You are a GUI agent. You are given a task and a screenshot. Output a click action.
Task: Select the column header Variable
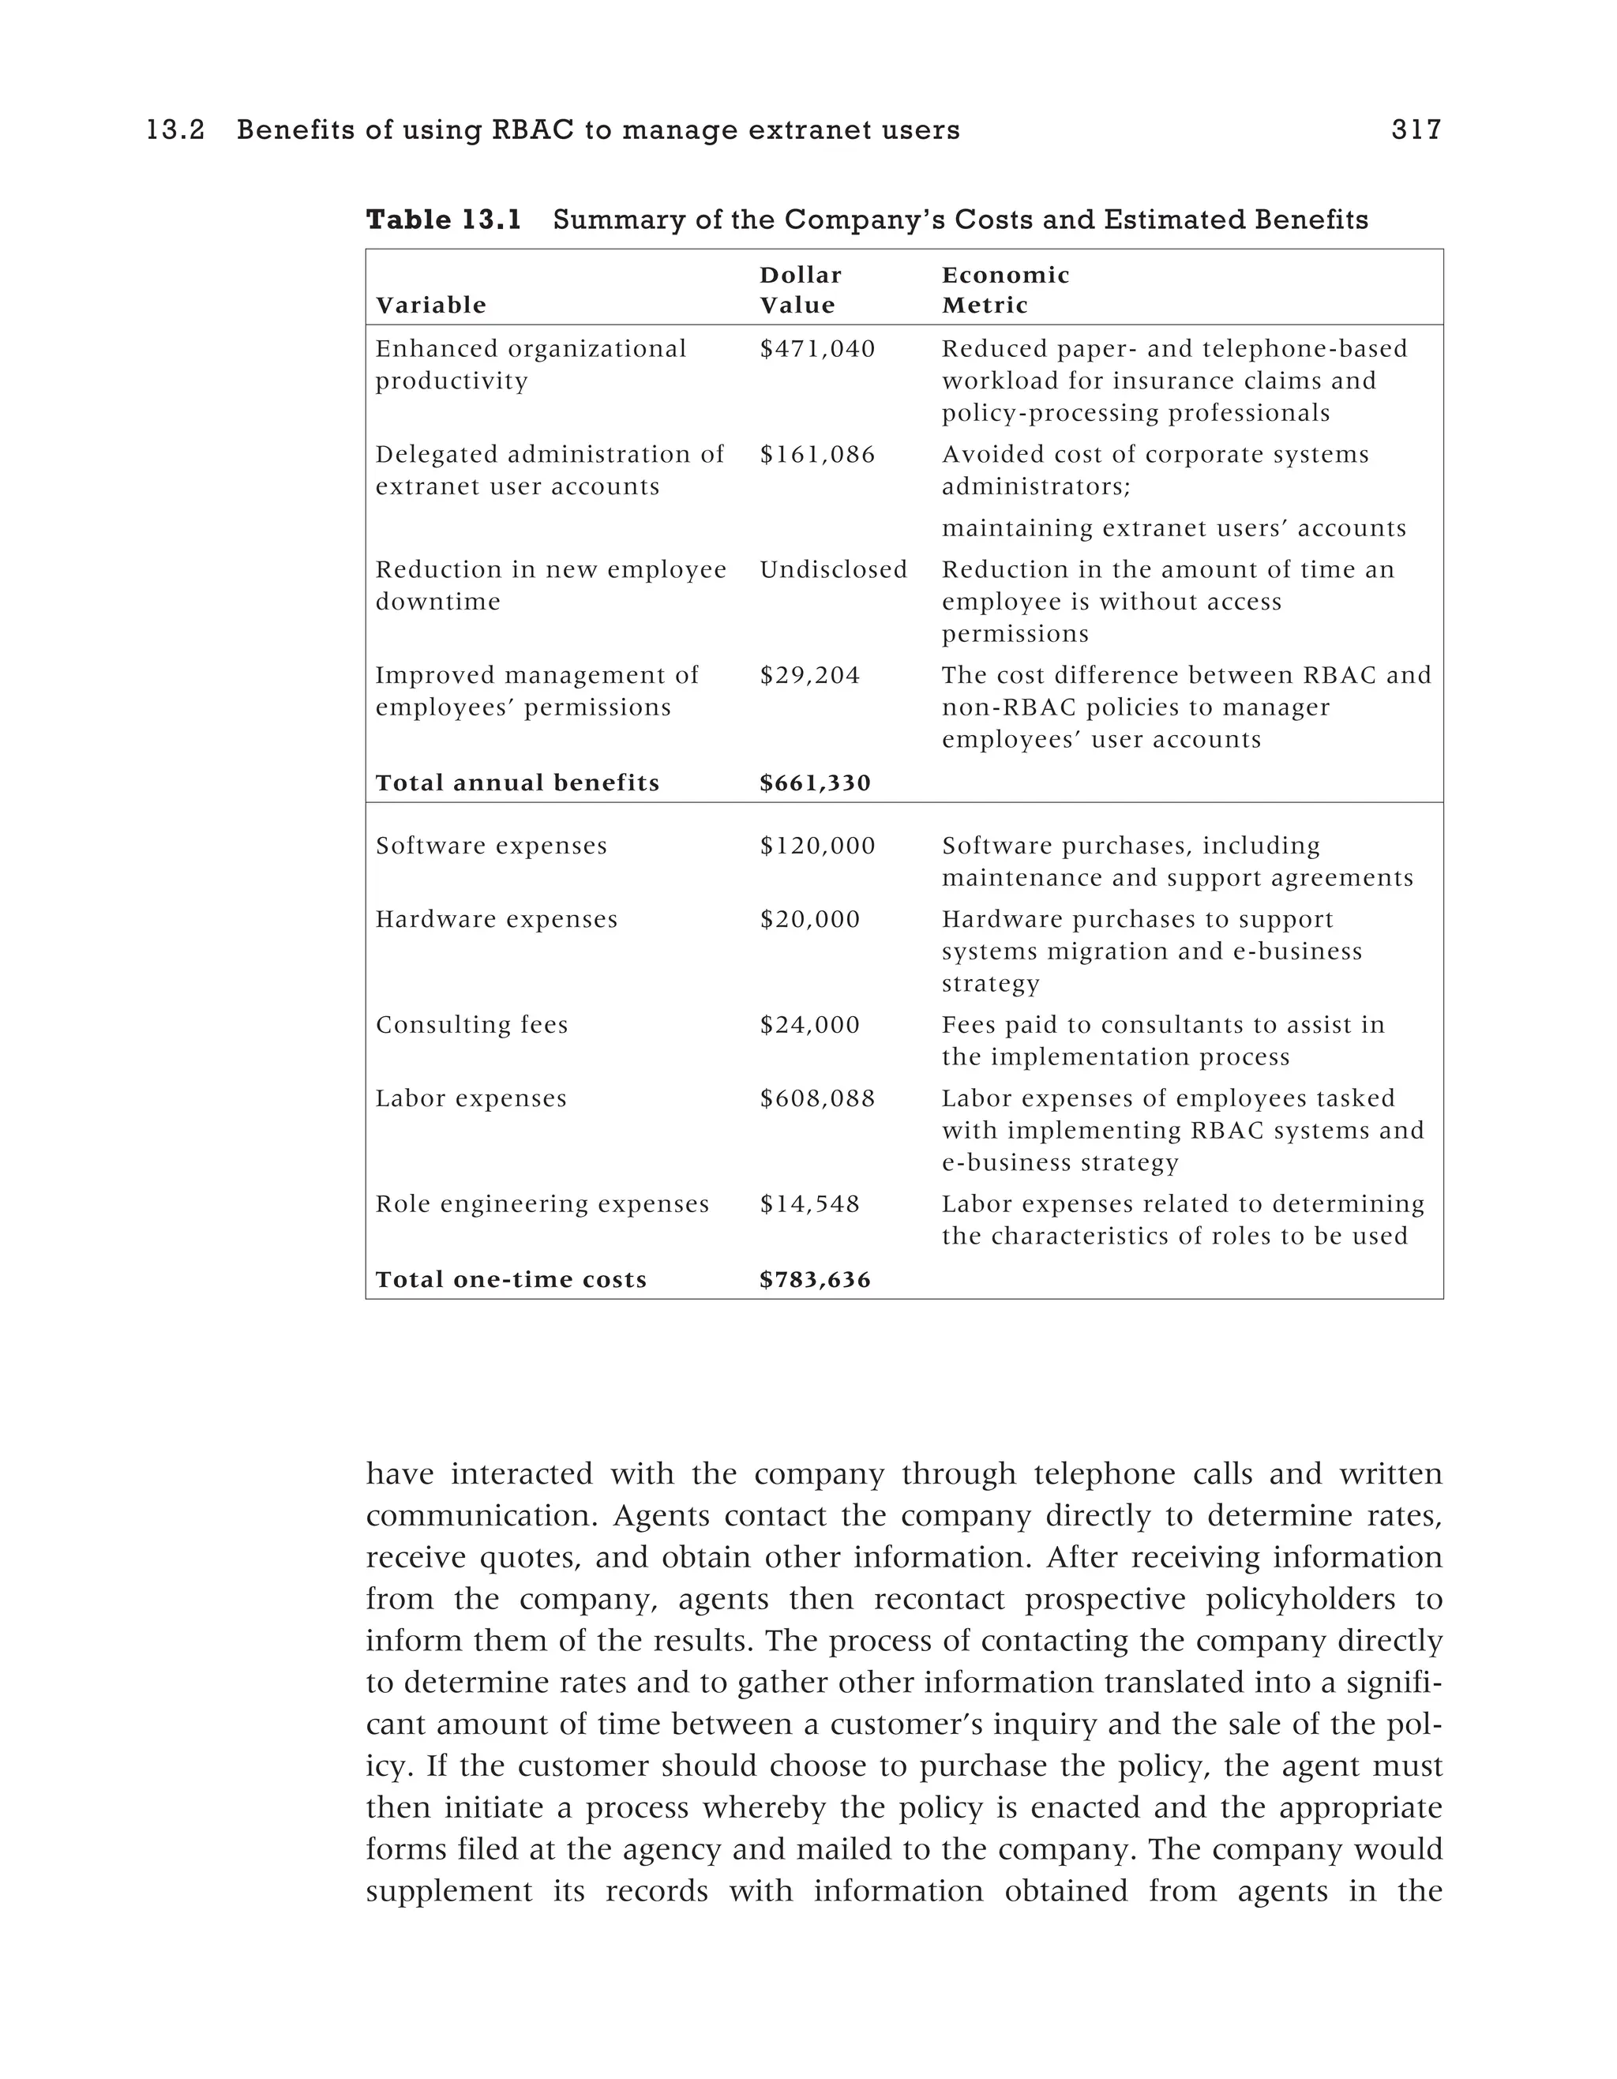[x=430, y=306]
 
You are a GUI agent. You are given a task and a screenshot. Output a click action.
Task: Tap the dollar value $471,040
[x=816, y=349]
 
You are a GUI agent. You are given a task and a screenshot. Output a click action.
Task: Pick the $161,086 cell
[x=816, y=455]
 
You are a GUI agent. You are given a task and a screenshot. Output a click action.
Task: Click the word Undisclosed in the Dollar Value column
[x=833, y=570]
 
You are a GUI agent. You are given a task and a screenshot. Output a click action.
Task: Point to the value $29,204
[x=809, y=676]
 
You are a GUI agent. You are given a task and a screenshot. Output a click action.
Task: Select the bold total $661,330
[x=815, y=783]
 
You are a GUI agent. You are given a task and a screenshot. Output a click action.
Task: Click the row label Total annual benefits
[x=517, y=783]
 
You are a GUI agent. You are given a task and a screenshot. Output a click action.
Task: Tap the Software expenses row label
[x=491, y=846]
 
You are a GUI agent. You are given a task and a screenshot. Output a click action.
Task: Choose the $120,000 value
[x=816, y=846]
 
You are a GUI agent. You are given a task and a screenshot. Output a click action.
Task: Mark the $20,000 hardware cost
[x=809, y=920]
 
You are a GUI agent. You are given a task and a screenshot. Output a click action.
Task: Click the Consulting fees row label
[x=471, y=1025]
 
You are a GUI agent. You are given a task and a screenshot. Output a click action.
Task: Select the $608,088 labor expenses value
[x=816, y=1098]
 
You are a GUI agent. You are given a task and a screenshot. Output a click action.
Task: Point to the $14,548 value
[x=809, y=1204]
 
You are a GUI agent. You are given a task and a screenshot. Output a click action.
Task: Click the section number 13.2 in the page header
[x=175, y=129]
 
